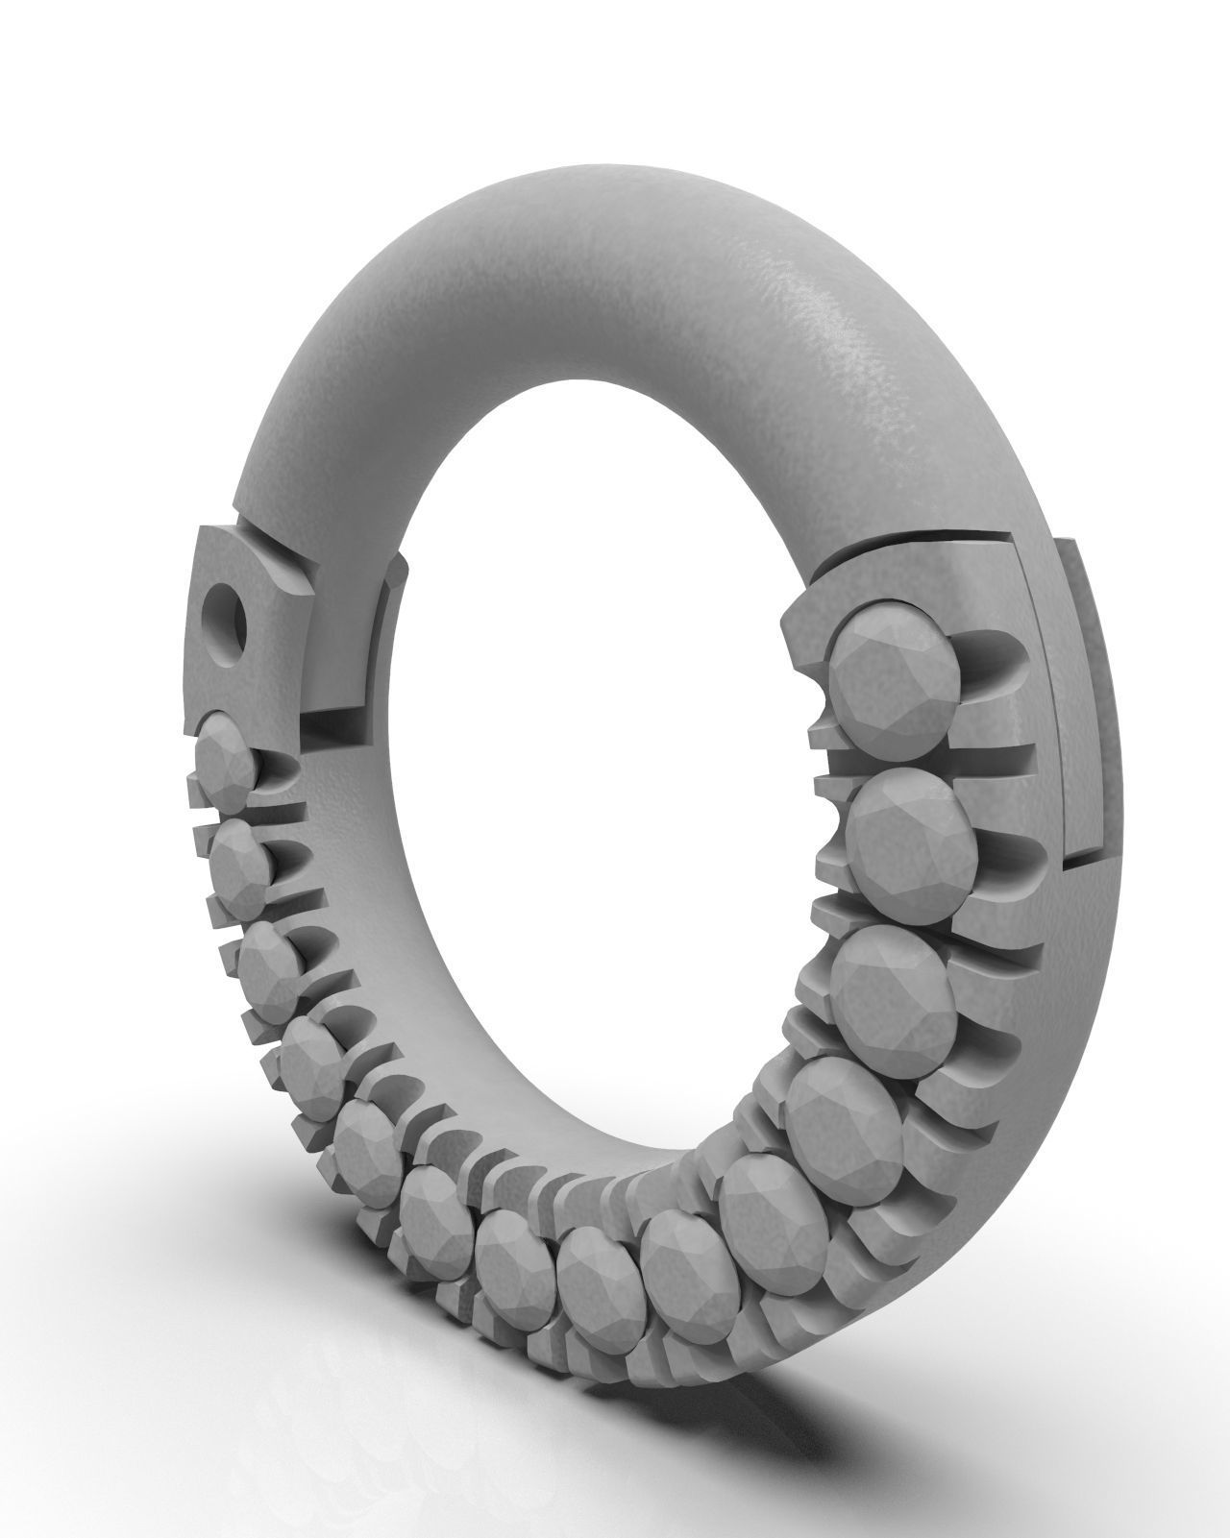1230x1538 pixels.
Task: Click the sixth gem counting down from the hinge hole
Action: (431, 1208)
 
